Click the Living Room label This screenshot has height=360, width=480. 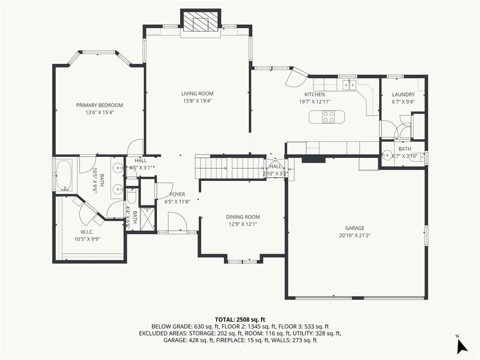[x=197, y=94]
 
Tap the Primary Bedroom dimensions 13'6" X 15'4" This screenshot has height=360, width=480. [x=100, y=112]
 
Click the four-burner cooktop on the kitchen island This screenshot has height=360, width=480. [x=329, y=117]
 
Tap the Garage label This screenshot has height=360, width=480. [x=355, y=228]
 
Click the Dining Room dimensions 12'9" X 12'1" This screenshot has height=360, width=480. [x=243, y=224]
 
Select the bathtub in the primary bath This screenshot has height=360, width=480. [x=64, y=175]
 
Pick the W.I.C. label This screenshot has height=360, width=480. [x=87, y=232]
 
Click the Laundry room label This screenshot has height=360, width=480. [x=403, y=95]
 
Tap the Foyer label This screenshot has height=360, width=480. [x=178, y=195]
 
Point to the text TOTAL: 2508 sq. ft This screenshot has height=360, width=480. [x=240, y=320]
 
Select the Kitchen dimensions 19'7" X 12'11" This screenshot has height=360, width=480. [x=315, y=102]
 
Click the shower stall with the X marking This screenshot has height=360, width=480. [x=148, y=218]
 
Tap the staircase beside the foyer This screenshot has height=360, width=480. [x=230, y=167]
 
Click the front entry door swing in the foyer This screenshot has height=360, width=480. [x=178, y=222]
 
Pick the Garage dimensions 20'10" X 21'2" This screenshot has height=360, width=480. [x=355, y=235]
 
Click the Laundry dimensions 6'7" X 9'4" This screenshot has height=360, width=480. [x=403, y=102]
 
